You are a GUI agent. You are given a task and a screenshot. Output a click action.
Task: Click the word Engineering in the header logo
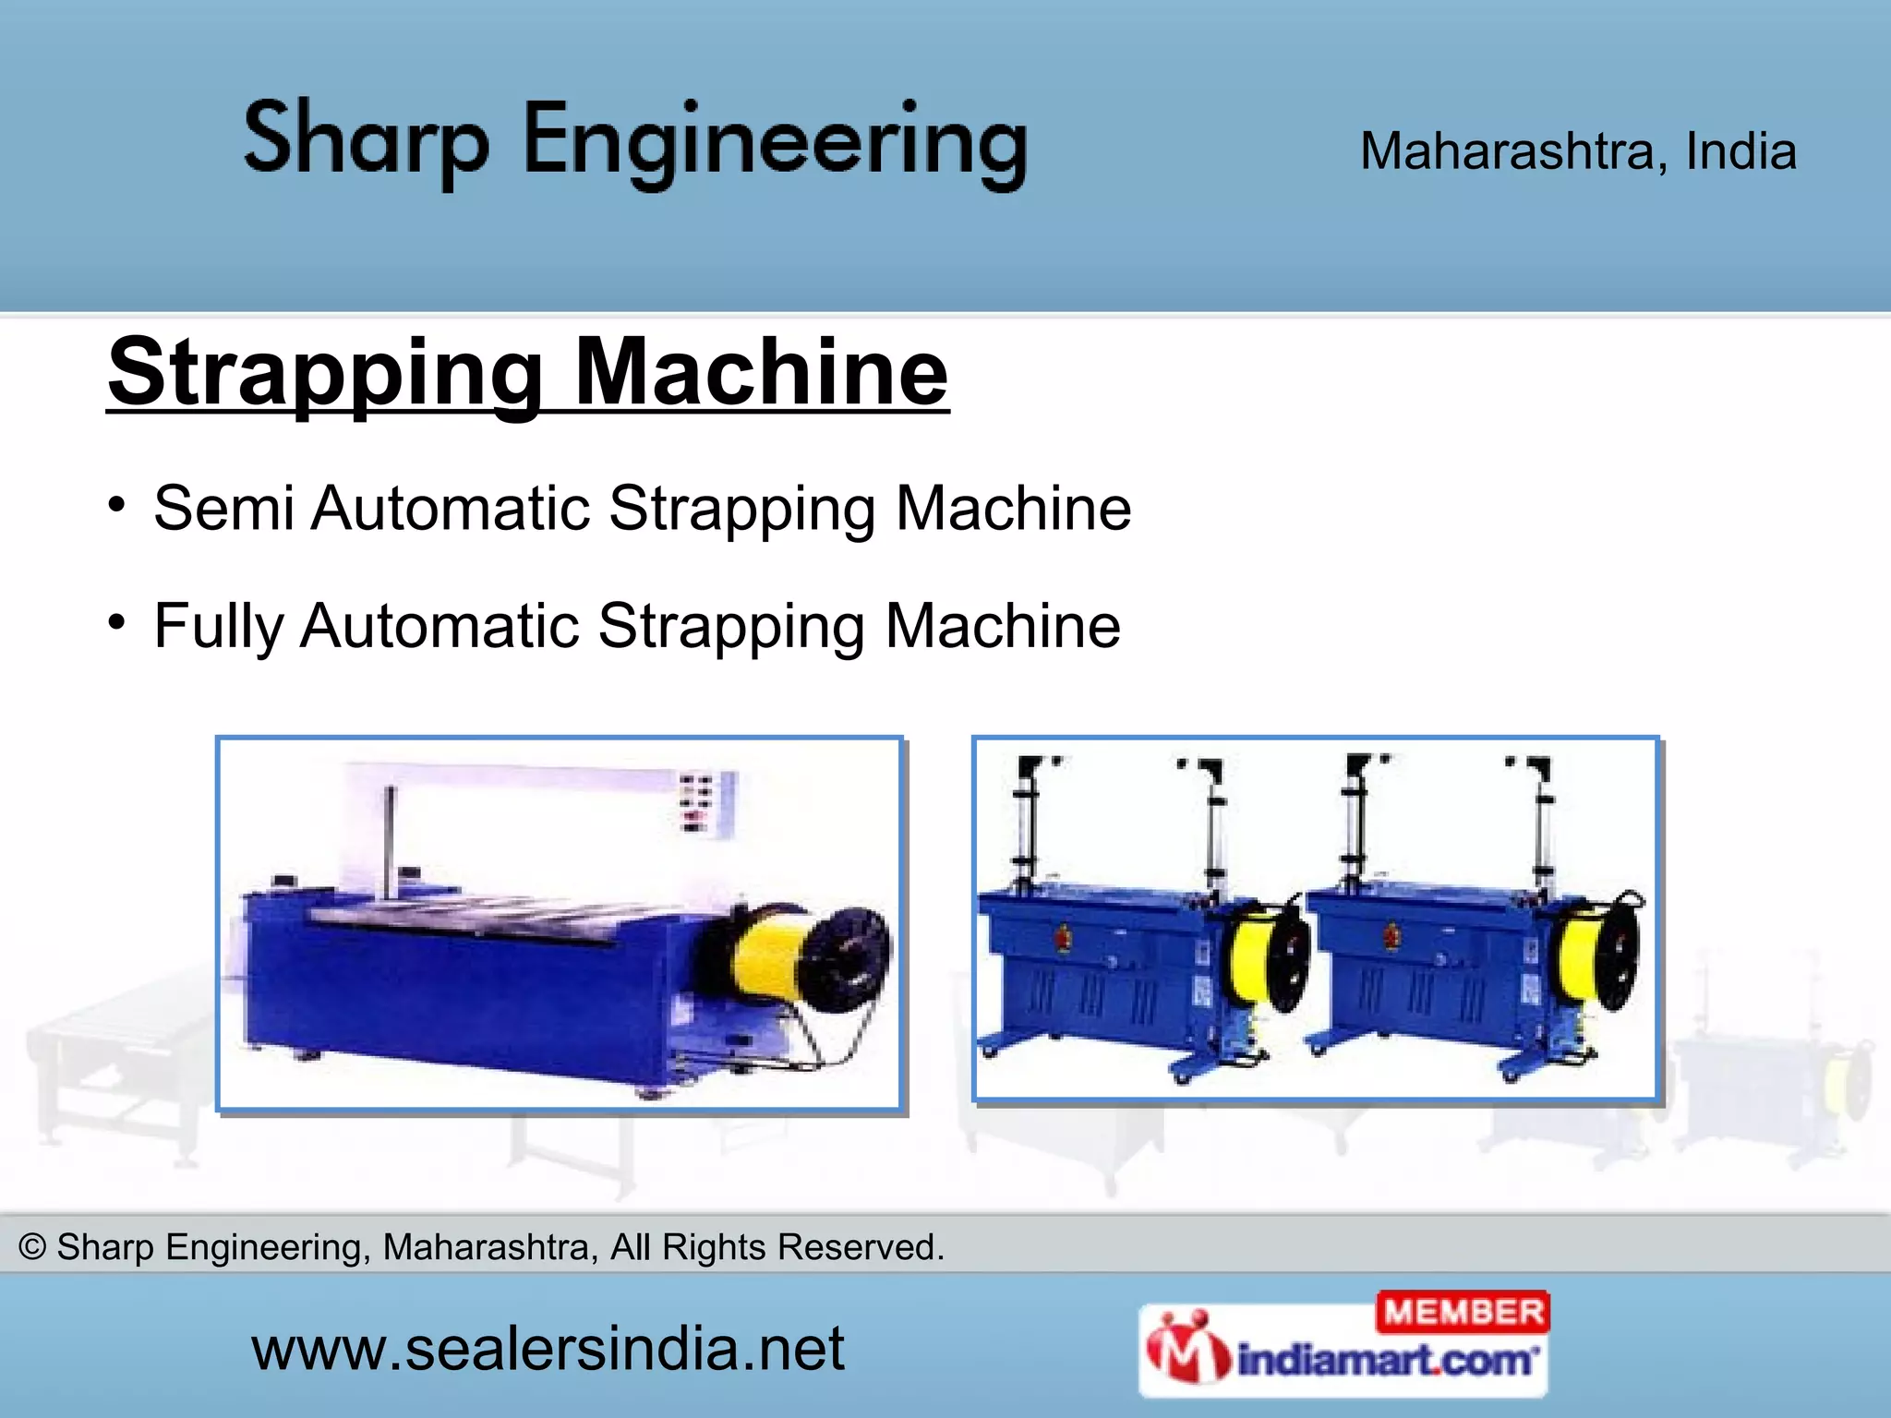tap(776, 143)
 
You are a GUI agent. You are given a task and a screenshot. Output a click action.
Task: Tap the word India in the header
tap(1740, 151)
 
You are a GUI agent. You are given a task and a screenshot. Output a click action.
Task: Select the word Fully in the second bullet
tap(218, 626)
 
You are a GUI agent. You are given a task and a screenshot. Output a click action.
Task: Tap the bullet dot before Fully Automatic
tap(116, 621)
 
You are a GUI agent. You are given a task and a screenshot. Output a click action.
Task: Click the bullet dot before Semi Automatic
tap(116, 504)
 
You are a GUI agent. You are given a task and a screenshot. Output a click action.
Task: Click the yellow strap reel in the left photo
tap(766, 955)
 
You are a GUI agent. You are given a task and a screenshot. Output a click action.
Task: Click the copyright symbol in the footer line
tap(32, 1247)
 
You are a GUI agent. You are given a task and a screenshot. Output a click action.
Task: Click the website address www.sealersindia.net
tap(547, 1349)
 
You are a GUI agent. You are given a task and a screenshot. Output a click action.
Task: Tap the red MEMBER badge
tap(1463, 1312)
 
